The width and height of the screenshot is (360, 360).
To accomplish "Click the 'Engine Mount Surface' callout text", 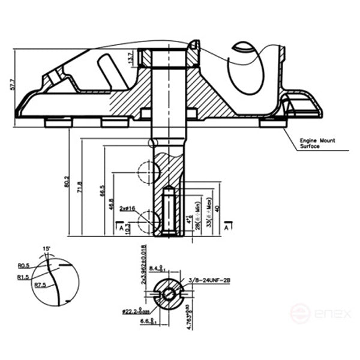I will point(317,143).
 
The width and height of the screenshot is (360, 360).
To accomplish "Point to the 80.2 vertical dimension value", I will point(67,182).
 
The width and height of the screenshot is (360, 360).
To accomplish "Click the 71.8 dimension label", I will point(79,187).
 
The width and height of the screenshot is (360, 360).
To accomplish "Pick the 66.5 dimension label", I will point(102,190).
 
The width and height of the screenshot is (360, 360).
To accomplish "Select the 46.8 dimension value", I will point(112,204).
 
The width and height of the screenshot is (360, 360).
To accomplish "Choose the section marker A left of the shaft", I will point(121,227).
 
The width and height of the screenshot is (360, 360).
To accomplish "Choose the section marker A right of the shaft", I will point(226,227).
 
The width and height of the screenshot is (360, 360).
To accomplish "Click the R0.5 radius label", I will point(24,265).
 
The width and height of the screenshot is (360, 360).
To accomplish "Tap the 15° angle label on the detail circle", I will point(46,248).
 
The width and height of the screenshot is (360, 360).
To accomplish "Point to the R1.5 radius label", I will point(23,277).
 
